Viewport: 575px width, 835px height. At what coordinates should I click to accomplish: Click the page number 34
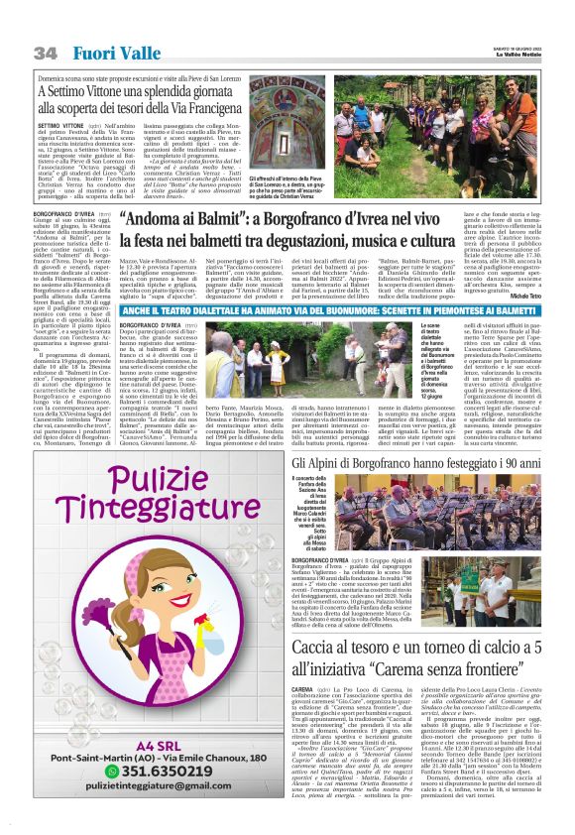point(44,52)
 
